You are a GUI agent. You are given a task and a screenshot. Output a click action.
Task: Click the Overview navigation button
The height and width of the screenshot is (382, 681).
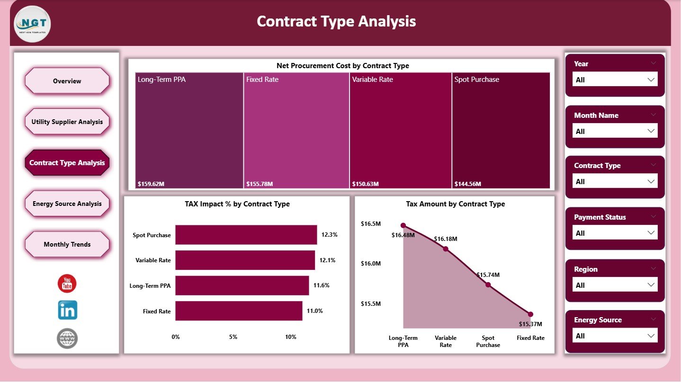67,81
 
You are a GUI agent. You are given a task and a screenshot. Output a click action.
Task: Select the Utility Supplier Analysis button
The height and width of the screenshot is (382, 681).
67,122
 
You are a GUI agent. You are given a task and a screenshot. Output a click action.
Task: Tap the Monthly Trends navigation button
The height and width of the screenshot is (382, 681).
67,244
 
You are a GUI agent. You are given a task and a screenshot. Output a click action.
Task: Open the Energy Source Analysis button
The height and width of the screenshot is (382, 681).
67,204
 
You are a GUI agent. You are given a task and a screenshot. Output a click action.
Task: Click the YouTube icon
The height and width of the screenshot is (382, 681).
67,284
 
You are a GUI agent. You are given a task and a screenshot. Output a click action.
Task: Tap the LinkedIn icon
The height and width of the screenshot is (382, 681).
67,310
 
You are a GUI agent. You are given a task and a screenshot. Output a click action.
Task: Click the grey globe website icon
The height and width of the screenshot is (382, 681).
67,338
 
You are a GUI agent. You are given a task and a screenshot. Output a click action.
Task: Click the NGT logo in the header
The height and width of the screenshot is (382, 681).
33,24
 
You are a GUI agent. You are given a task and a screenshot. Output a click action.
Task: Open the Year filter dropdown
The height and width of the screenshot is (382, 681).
615,80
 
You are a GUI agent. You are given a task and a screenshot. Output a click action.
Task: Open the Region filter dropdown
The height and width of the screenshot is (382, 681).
615,285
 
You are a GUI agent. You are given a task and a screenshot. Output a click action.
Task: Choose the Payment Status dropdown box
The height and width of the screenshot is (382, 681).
615,233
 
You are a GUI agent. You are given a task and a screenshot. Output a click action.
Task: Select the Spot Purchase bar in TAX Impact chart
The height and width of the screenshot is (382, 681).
246,235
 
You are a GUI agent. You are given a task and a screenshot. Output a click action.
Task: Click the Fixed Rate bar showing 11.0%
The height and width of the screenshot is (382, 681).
239,311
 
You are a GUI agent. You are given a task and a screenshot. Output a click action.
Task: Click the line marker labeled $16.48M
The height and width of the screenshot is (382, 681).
403,225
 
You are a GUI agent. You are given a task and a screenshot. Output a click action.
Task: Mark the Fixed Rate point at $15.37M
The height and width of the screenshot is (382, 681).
530,314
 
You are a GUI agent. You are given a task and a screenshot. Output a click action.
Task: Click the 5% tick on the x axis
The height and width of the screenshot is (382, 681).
233,337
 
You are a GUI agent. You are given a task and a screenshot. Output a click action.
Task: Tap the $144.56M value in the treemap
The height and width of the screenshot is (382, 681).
467,184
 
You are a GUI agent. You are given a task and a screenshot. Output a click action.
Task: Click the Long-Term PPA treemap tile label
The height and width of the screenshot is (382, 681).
161,80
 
